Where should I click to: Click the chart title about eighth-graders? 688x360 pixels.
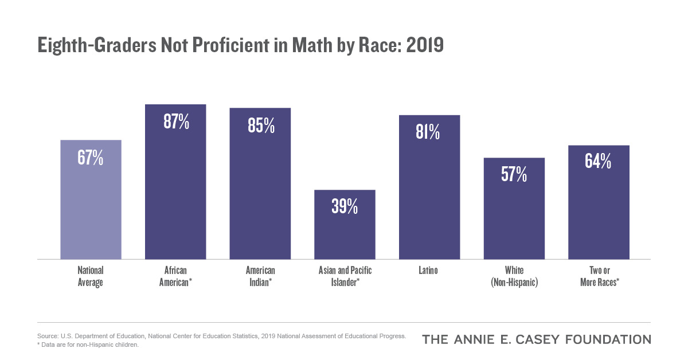coord(240,45)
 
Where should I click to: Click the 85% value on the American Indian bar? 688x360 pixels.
coord(260,125)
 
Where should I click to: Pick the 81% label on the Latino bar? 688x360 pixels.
coord(429,132)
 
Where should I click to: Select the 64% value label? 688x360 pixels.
coord(599,162)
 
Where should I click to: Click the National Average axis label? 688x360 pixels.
coord(91,276)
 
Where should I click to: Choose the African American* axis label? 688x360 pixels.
coord(175,276)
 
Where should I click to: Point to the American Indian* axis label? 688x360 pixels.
coord(260,276)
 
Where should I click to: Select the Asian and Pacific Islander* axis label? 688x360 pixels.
coord(345,276)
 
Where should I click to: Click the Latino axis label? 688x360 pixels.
coord(429,270)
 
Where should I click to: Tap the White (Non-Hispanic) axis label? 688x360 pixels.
coord(514,276)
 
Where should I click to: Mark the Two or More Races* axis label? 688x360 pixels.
coord(599,276)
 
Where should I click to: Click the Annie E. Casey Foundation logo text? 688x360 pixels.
coord(536,339)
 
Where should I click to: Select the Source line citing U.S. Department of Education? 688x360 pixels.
coord(221,336)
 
